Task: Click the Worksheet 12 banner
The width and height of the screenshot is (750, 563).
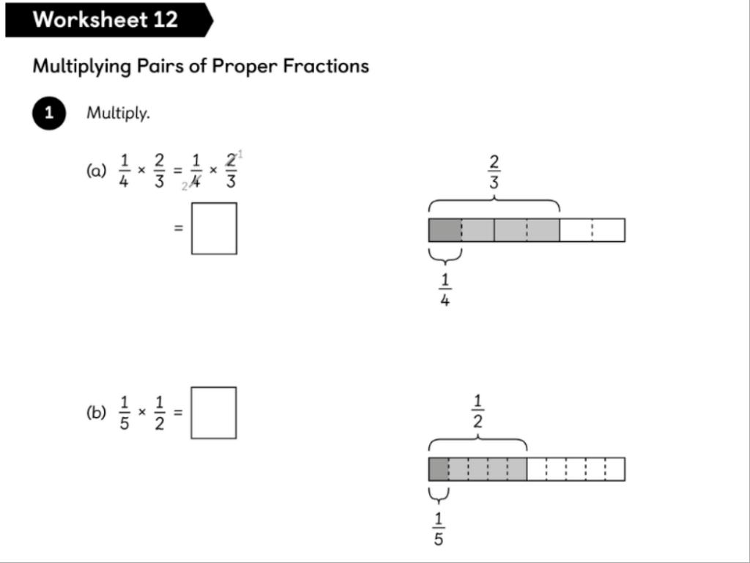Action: pyautogui.click(x=109, y=20)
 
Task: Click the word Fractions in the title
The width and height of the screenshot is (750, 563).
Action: pyautogui.click(x=326, y=65)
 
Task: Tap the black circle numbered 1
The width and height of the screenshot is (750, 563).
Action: pyautogui.click(x=49, y=114)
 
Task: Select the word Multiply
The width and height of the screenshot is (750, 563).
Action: pyautogui.click(x=118, y=114)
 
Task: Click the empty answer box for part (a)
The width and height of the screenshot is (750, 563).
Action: pyautogui.click(x=214, y=229)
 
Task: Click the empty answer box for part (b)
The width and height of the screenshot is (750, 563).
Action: pyautogui.click(x=213, y=413)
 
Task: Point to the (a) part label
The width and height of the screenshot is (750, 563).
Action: pyautogui.click(x=96, y=171)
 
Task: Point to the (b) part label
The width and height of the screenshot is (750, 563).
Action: pyautogui.click(x=96, y=413)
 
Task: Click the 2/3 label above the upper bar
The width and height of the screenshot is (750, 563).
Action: pyautogui.click(x=494, y=172)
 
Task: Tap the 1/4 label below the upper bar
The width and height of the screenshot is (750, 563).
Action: pyautogui.click(x=445, y=290)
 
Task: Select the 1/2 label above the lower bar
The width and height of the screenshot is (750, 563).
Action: pyautogui.click(x=478, y=411)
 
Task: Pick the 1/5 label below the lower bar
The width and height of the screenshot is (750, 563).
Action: pyautogui.click(x=439, y=529)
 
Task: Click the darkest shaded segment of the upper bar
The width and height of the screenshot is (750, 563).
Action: pyautogui.click(x=445, y=229)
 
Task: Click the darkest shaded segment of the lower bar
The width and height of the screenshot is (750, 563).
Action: pyautogui.click(x=439, y=469)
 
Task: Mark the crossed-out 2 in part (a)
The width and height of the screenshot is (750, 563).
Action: pyautogui.click(x=231, y=161)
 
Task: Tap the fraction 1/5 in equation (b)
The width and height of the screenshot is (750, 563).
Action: pyautogui.click(x=125, y=413)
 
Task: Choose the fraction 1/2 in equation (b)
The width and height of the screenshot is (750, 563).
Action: pyautogui.click(x=159, y=413)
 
